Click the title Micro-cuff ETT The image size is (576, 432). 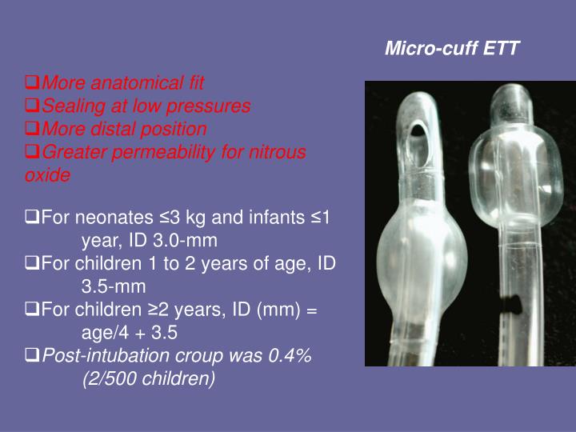coord(452,49)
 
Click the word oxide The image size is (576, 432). coord(48,175)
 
